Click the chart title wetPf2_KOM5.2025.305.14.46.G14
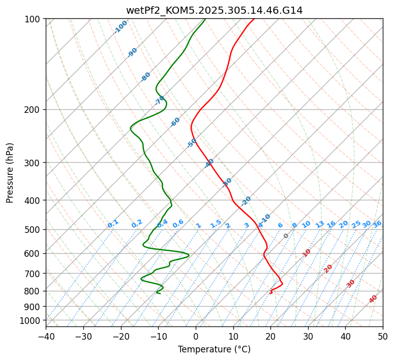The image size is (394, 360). [214, 10]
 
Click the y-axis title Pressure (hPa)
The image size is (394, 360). [10, 173]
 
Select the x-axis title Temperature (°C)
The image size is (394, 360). [214, 350]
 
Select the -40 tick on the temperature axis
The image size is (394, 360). [46, 337]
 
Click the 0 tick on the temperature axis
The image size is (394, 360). [196, 337]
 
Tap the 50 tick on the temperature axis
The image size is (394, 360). [383, 337]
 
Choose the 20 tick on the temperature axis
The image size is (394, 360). [270, 337]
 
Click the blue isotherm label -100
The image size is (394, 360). [121, 27]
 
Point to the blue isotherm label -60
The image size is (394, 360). [175, 122]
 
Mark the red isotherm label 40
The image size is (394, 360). [373, 299]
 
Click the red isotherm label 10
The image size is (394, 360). [307, 253]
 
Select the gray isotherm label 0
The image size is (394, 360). [286, 236]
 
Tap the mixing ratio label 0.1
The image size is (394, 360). [113, 223]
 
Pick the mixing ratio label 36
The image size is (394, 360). [377, 224]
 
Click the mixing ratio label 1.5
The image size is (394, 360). [216, 223]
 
